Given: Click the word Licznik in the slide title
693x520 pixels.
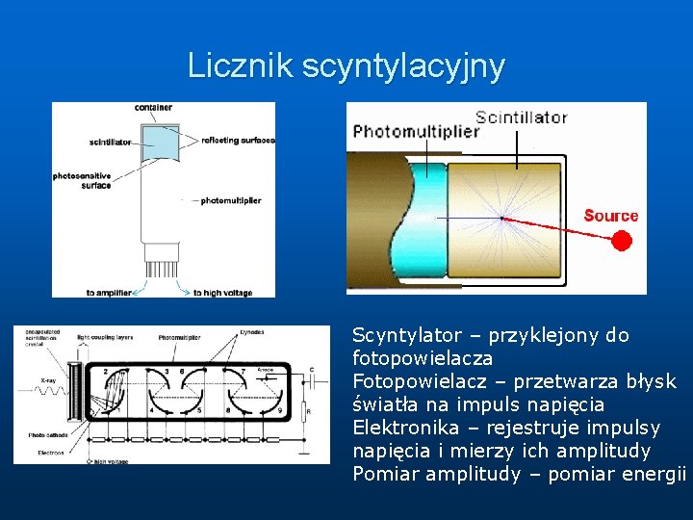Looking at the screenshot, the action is (x=240, y=65).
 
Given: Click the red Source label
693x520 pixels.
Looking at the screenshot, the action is (x=610, y=216).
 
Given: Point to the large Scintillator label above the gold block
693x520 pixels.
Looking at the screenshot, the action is (x=521, y=117).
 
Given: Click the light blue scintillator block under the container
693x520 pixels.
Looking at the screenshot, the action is (x=160, y=143).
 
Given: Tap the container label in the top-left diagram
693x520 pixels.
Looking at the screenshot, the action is (x=154, y=107).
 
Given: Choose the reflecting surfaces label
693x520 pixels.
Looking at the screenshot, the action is (x=238, y=141).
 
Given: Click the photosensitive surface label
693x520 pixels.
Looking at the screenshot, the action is (x=83, y=180).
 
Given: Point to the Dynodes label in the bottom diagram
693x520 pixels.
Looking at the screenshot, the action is (x=253, y=330).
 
